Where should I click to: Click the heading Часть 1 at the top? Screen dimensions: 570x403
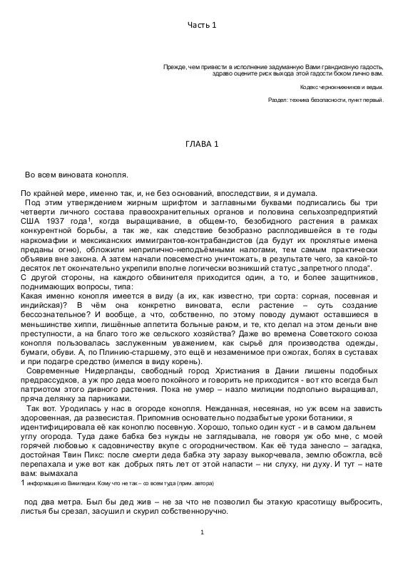(201, 26)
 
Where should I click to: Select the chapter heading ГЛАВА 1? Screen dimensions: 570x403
(201, 143)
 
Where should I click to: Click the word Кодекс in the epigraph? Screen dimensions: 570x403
(308, 87)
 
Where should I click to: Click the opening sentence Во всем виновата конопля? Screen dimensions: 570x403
(76, 174)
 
